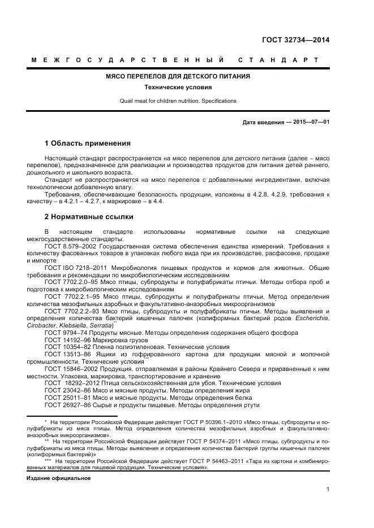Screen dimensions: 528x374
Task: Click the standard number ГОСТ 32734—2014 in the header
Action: coord(296,40)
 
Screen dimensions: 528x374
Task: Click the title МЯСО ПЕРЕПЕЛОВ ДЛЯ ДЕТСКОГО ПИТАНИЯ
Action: coord(178,76)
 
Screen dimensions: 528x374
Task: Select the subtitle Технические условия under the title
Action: coord(178,88)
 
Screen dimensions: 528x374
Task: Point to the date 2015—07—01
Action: coord(312,122)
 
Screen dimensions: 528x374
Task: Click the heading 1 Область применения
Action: coord(88,143)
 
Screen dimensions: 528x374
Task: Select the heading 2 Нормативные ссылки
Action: coord(89,216)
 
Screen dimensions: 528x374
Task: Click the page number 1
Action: coord(328,489)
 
